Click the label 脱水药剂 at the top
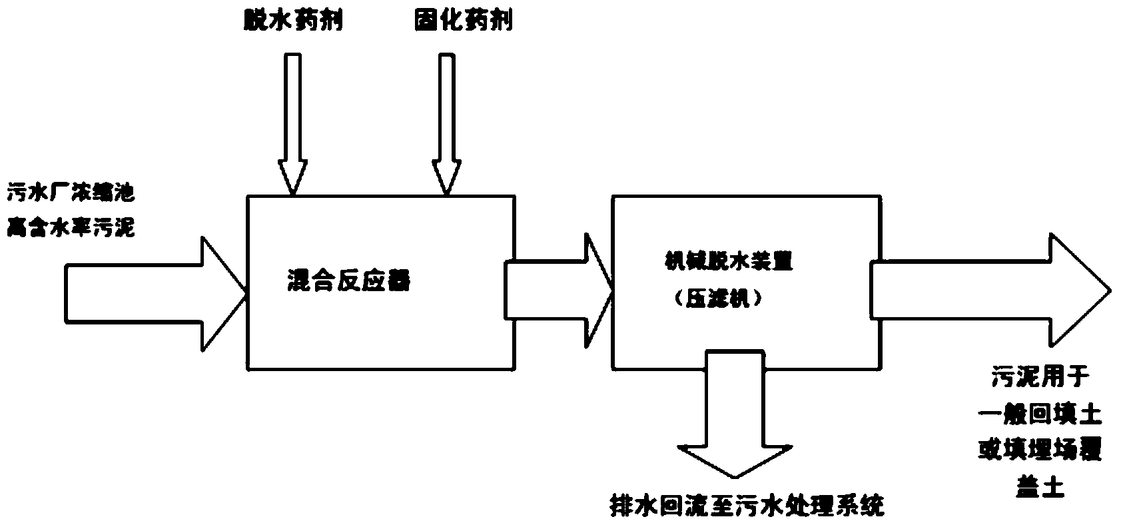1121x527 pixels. click(x=294, y=22)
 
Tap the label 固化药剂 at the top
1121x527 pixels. click(x=462, y=22)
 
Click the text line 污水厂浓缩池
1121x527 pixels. click(x=71, y=195)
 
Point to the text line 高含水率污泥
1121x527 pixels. click(x=71, y=229)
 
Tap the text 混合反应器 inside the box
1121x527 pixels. click(x=347, y=282)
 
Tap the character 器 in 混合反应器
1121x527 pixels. click(x=398, y=282)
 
